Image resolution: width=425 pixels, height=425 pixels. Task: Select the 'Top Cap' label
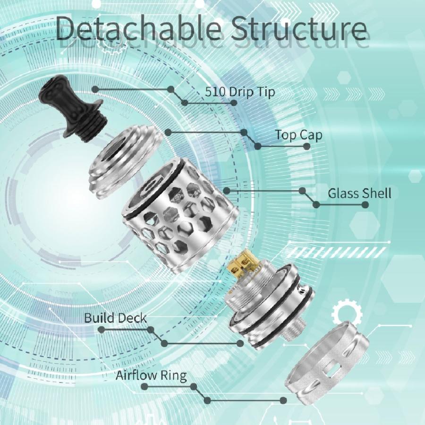point(299,135)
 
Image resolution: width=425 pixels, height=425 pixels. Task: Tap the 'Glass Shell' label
point(359,194)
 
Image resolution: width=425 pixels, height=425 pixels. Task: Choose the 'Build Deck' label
point(115,317)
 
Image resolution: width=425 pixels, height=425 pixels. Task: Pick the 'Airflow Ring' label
point(151,376)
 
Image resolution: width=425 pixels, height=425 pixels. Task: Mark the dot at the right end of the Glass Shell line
point(365,204)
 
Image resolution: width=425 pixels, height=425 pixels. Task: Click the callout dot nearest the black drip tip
point(95,89)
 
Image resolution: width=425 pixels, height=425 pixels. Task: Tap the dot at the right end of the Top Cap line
point(306,146)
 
